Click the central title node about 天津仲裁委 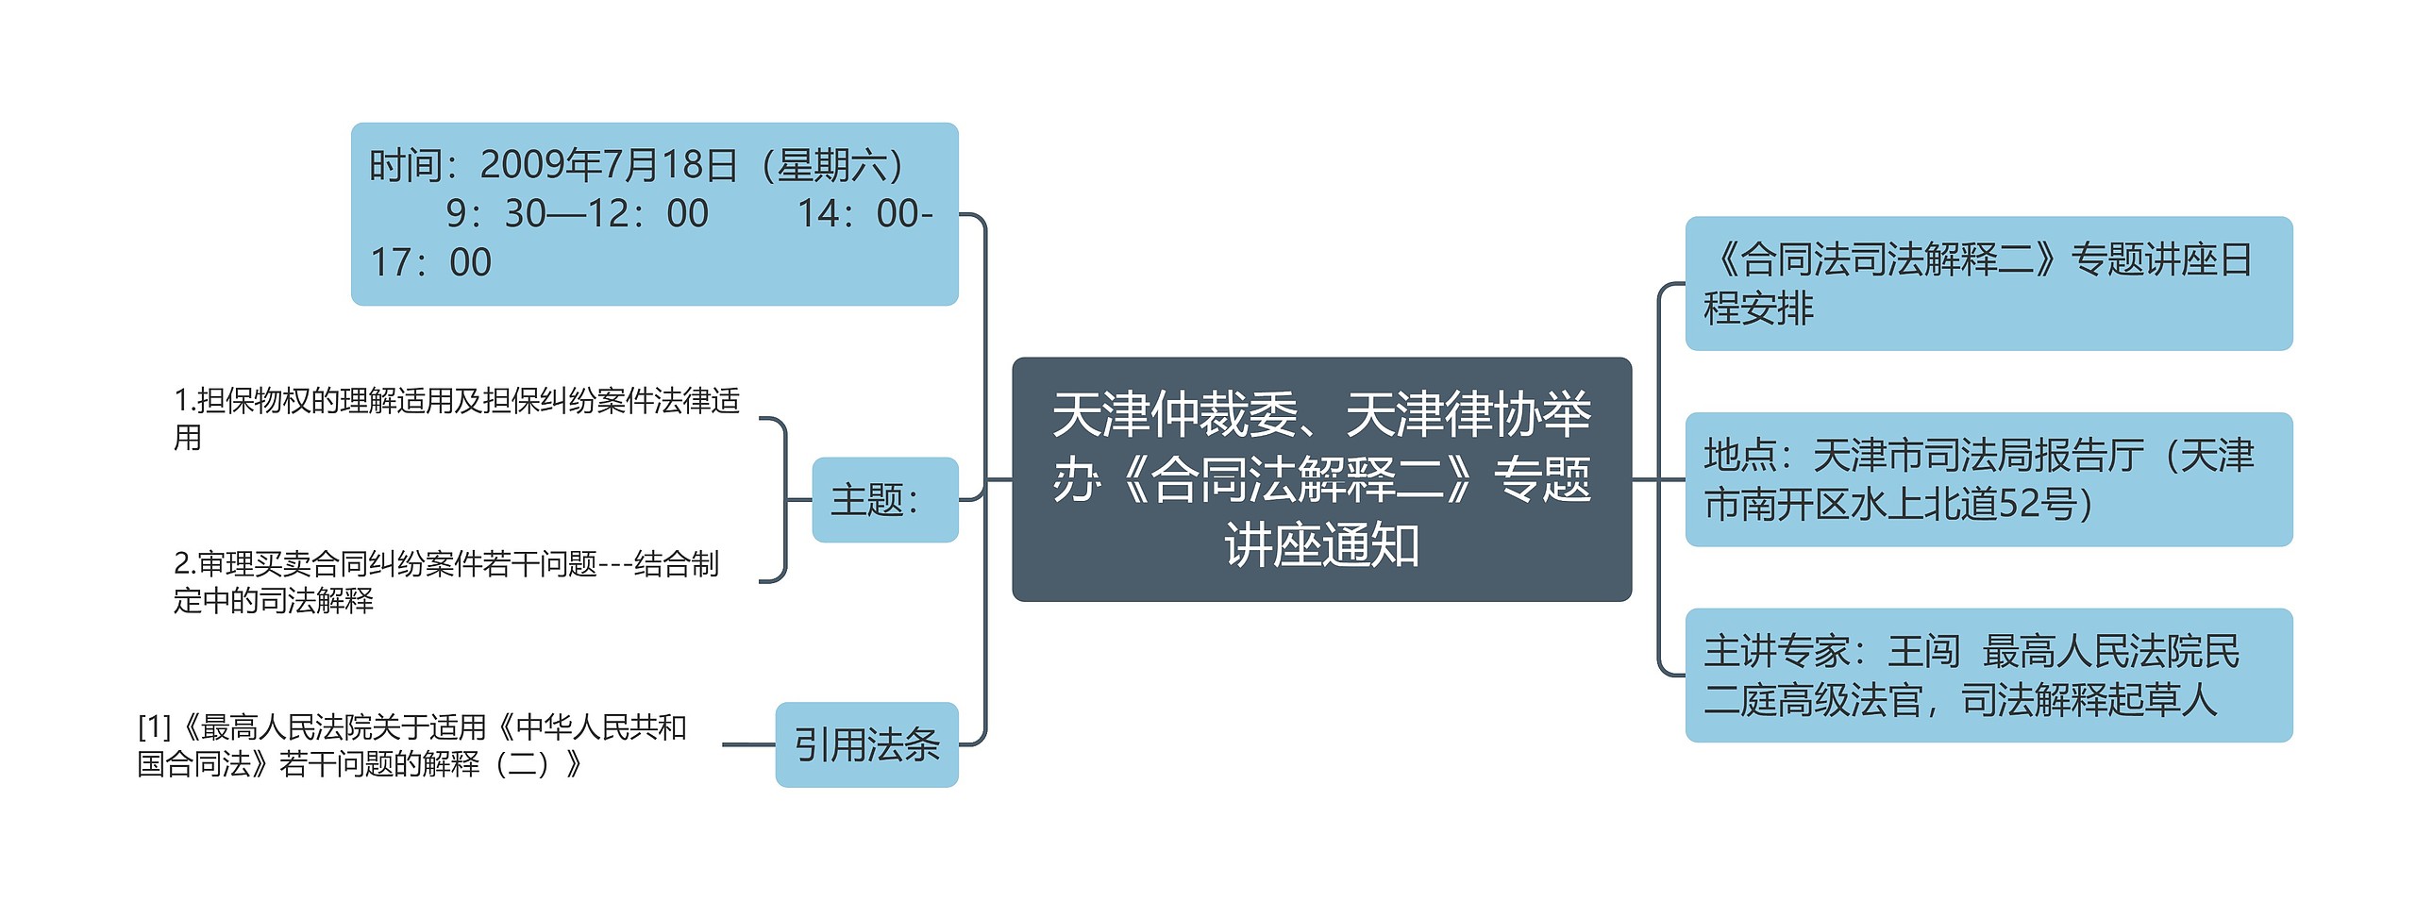(1321, 478)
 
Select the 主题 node (884, 500)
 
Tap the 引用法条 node (866, 744)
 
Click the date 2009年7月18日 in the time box (609, 165)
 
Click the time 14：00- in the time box (864, 214)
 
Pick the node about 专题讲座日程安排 (1988, 283)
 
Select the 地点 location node (1988, 479)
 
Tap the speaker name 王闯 (1923, 651)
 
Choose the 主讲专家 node (1988, 676)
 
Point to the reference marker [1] (155, 727)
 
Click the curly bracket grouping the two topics (782, 500)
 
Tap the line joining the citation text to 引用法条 (748, 744)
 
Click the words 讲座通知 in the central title (1321, 545)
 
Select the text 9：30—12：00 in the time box (578, 214)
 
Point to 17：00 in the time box (430, 262)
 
